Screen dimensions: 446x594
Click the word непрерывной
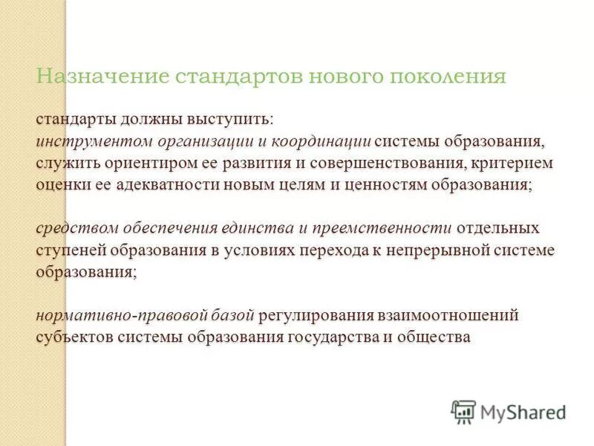[x=418, y=250]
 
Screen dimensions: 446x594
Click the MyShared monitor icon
[x=463, y=410]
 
